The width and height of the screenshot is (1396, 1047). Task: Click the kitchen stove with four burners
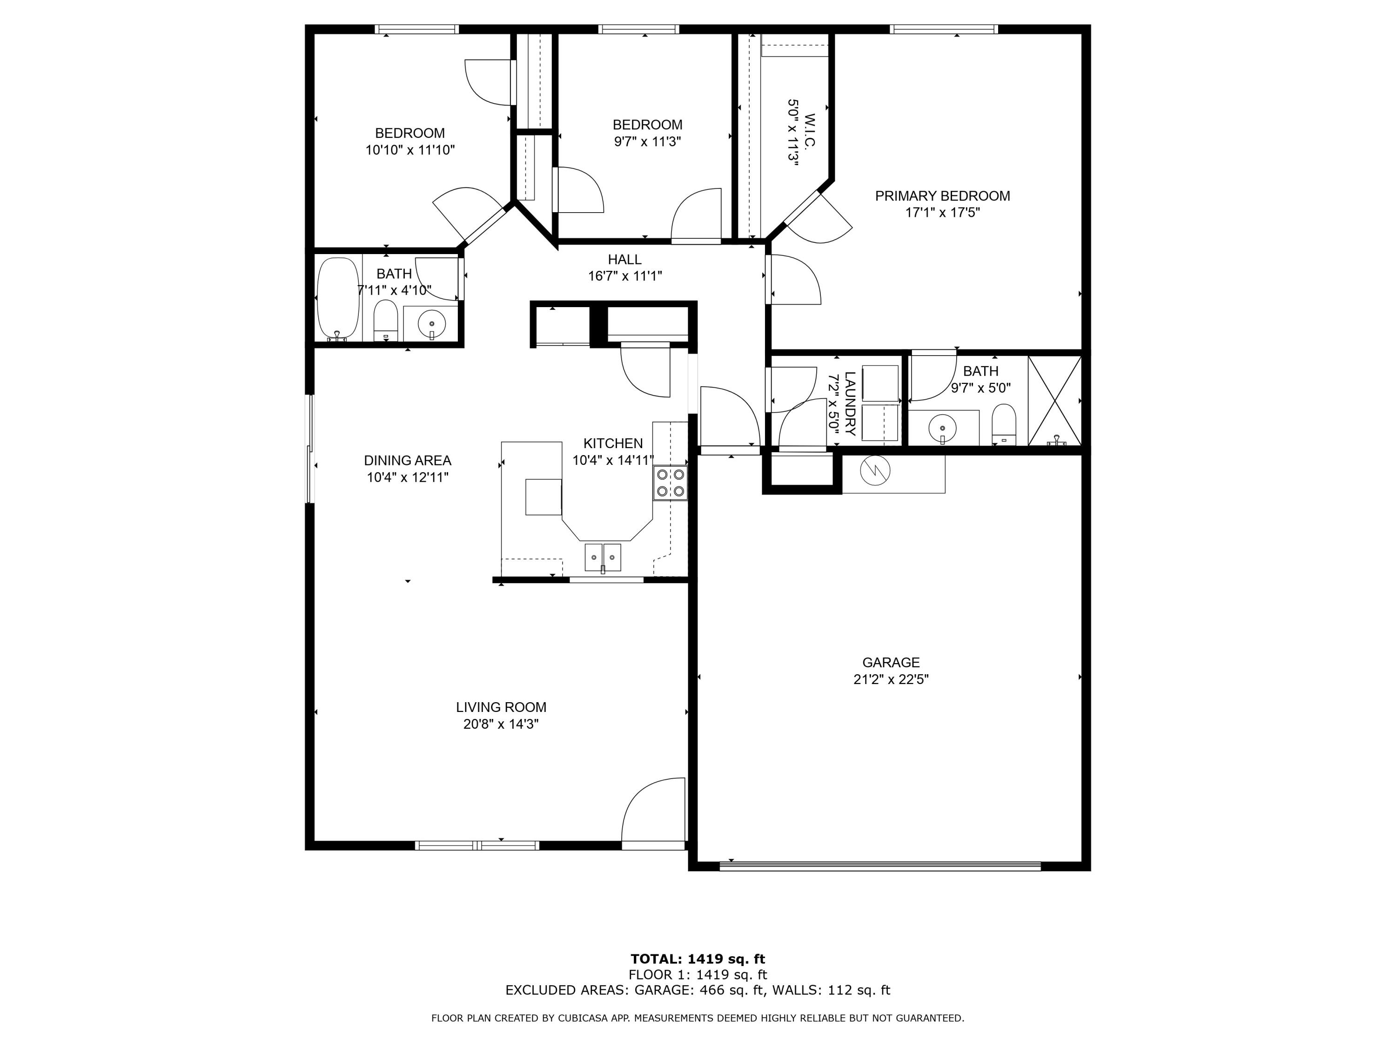click(670, 483)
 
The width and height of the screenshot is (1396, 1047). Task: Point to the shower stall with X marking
click(1054, 401)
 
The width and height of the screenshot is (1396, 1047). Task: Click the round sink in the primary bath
click(942, 429)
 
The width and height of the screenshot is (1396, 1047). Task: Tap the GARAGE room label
click(891, 663)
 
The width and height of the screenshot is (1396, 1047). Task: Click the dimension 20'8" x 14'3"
click(500, 725)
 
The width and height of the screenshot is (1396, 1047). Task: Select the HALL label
click(624, 259)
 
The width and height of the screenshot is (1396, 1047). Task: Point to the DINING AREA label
click(407, 461)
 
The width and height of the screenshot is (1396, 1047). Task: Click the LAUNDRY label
click(849, 404)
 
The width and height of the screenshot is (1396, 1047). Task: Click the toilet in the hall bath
click(385, 320)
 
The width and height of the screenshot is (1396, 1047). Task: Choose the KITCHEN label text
click(612, 443)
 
